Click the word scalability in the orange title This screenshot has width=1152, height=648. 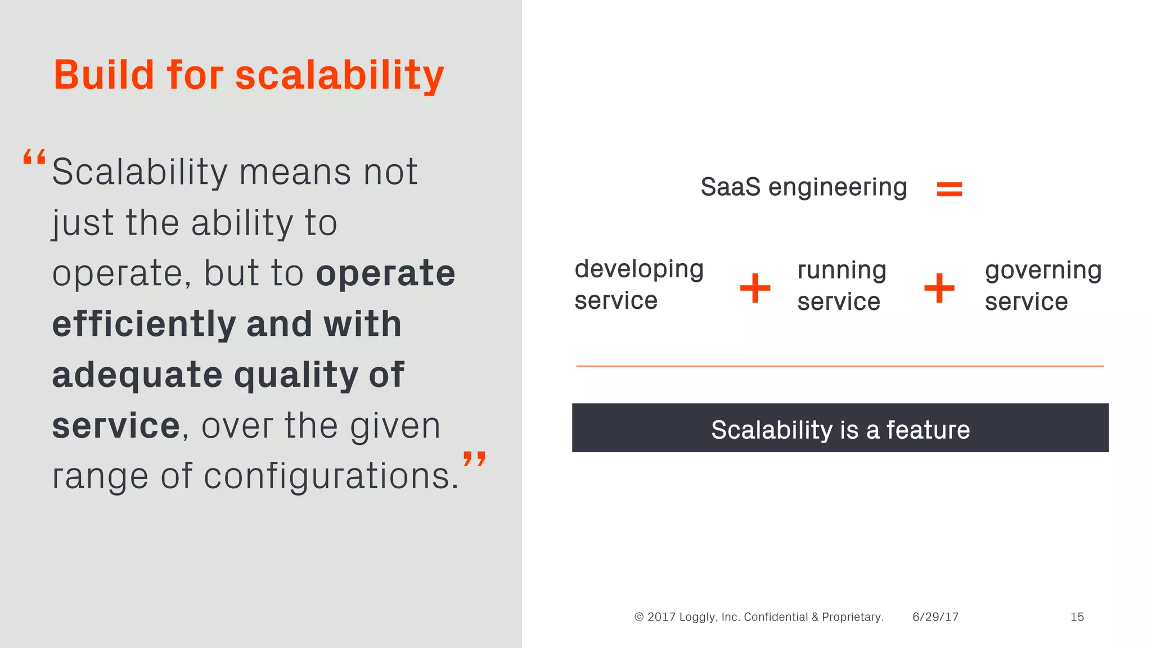[339, 76]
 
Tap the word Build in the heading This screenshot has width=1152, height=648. [103, 75]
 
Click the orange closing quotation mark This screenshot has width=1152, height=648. [474, 458]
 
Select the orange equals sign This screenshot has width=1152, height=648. [949, 189]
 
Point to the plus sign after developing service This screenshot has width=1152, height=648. [755, 288]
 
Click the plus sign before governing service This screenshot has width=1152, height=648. [939, 288]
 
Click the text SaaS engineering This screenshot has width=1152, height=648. [803, 187]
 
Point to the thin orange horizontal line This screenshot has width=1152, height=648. [840, 366]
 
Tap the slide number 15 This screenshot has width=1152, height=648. [1077, 617]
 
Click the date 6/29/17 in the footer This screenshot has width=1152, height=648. [935, 617]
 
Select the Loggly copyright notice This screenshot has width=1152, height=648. [758, 617]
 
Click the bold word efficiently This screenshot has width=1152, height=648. [143, 325]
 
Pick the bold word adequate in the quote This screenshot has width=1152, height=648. [137, 375]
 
